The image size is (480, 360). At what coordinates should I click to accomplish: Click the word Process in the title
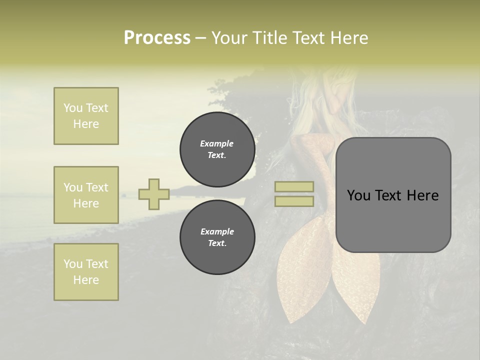click(157, 38)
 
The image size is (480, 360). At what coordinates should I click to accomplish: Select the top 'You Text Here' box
click(86, 116)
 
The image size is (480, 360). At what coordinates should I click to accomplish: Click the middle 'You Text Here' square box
click(86, 195)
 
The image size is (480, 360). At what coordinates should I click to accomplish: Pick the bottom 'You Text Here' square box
click(86, 272)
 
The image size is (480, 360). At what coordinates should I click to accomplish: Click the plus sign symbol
click(154, 194)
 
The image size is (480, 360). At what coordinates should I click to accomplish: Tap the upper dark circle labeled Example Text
click(217, 149)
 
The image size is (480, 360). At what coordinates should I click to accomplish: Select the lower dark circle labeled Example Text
click(217, 237)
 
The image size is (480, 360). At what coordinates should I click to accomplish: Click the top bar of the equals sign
click(294, 186)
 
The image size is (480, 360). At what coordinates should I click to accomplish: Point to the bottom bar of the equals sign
click(294, 201)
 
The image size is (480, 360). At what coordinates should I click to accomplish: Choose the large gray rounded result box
click(393, 194)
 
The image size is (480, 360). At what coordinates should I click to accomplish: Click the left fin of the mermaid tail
click(300, 280)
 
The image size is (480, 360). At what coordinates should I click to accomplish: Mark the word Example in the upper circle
click(217, 143)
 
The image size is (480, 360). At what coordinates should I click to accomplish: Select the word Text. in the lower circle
click(217, 243)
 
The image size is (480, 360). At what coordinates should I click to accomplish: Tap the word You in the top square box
click(73, 108)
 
